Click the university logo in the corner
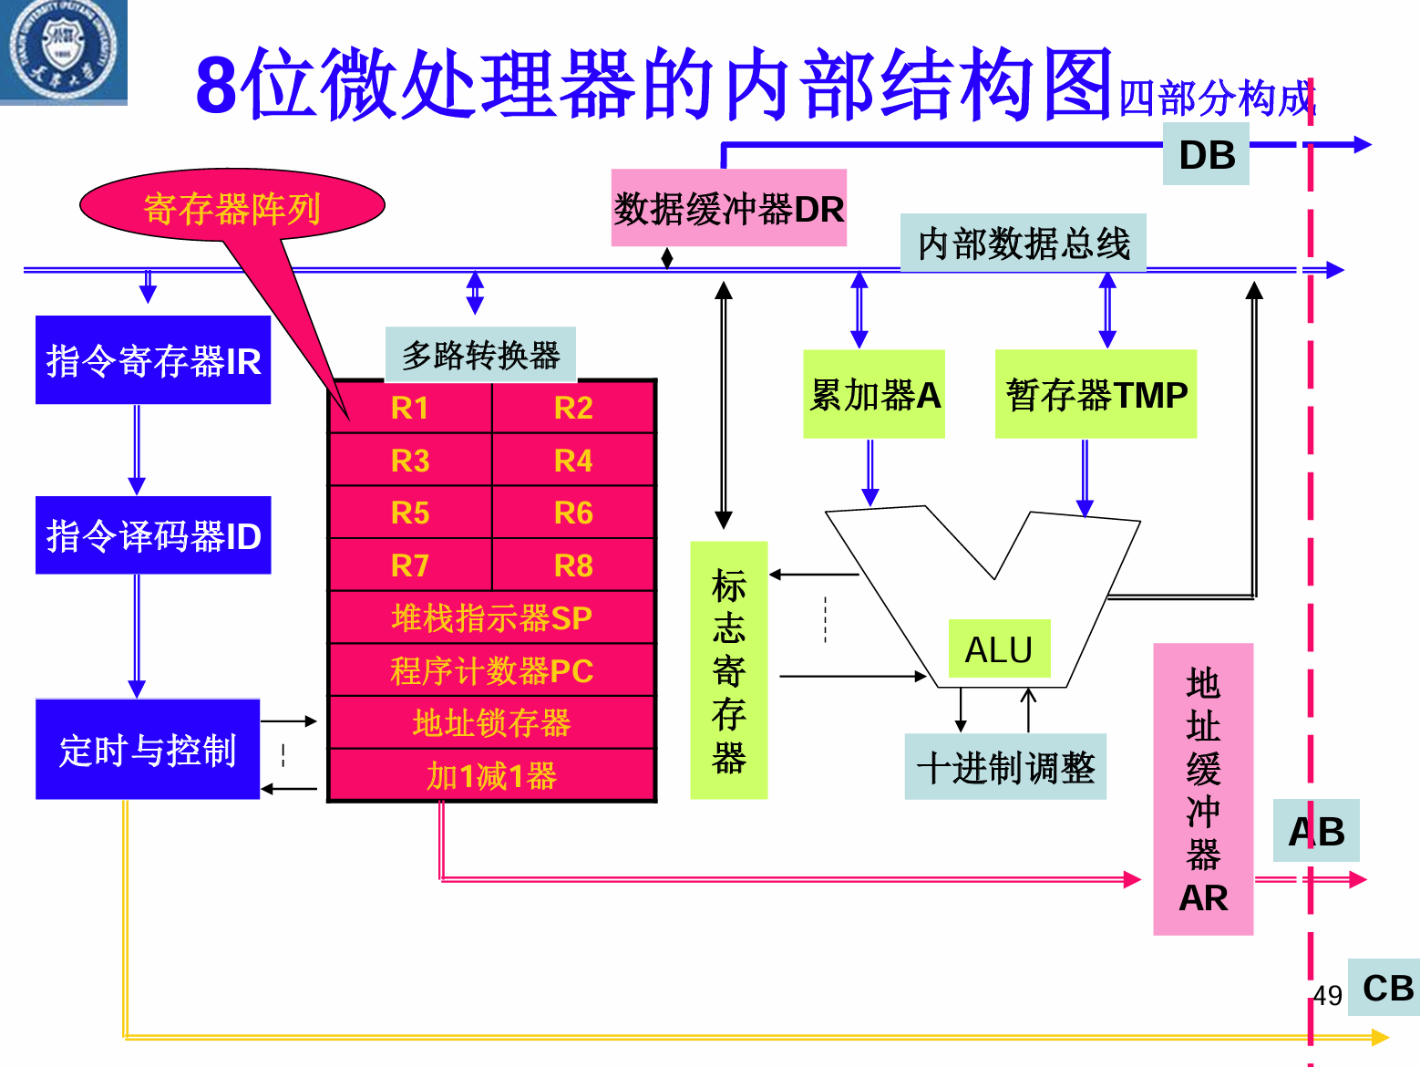[62, 51]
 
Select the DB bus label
[1206, 155]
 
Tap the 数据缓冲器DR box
[728, 209]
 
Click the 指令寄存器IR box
[153, 360]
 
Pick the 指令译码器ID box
[153, 535]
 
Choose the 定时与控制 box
[148, 750]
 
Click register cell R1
[410, 408]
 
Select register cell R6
[573, 513]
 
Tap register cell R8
[573, 565]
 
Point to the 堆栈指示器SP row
[491, 618]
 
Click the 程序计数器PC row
[491, 671]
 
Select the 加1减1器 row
[491, 776]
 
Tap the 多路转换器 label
[480, 355]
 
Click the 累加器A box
[874, 395]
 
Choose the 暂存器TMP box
[1096, 395]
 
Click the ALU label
[999, 649]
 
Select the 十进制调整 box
[1005, 767]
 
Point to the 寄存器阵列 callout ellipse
[232, 207]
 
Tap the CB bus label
[1386, 988]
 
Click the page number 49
[1328, 996]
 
